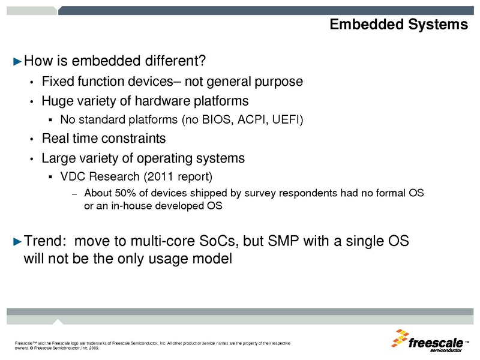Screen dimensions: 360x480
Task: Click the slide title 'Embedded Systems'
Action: click(398, 25)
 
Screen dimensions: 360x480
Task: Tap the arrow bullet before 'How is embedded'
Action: click(17, 61)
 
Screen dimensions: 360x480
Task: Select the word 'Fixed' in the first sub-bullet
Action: click(56, 81)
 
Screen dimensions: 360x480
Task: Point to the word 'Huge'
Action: click(56, 101)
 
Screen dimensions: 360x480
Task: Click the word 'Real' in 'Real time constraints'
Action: click(55, 139)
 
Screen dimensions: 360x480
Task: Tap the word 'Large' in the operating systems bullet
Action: click(58, 159)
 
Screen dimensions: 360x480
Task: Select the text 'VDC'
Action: click(73, 178)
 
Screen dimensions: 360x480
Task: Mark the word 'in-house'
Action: click(119, 206)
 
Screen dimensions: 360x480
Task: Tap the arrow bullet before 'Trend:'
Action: click(17, 242)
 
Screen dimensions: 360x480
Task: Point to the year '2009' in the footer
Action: click(92, 347)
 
